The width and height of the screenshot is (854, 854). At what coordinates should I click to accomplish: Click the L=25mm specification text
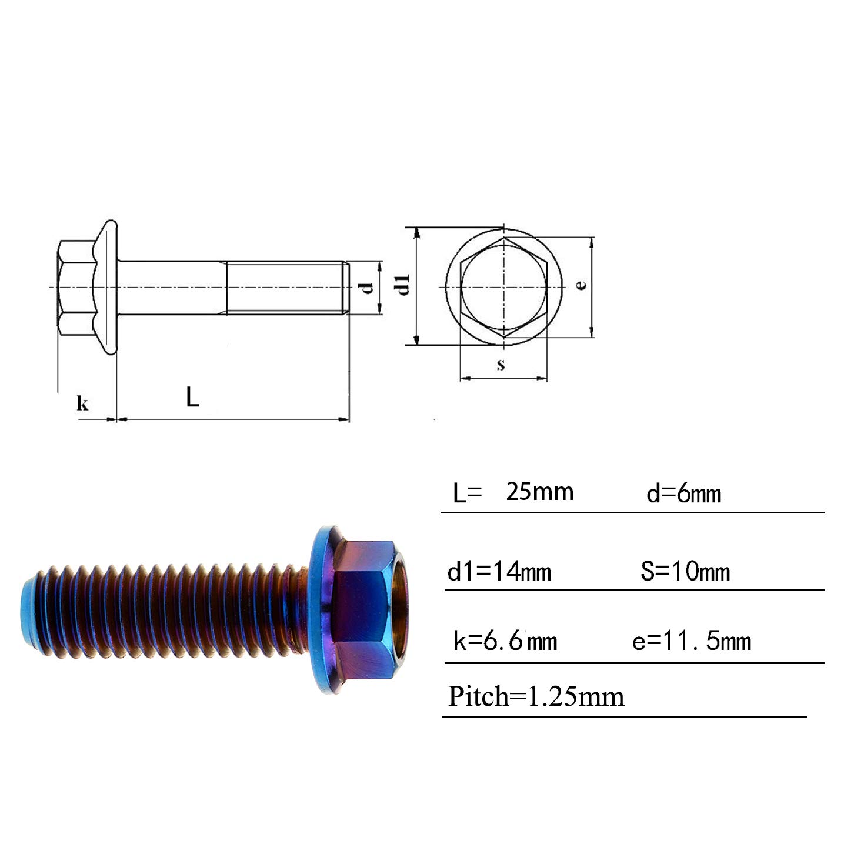tap(513, 492)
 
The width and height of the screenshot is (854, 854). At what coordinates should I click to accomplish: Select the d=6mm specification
tap(684, 493)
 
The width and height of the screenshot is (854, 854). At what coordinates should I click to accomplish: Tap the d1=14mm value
tap(499, 571)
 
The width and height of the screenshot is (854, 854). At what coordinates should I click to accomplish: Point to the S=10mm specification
tap(685, 571)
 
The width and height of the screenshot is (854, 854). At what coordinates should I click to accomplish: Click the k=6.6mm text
tap(505, 641)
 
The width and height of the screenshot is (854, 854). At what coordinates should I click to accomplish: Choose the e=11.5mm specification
tap(691, 641)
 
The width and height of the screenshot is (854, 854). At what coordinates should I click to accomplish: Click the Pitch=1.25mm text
tap(536, 697)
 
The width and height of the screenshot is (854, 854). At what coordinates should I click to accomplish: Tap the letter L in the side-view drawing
tap(192, 396)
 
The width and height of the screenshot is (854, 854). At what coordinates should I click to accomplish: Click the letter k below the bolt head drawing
tap(82, 403)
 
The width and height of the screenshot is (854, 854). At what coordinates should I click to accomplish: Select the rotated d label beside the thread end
tap(368, 288)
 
